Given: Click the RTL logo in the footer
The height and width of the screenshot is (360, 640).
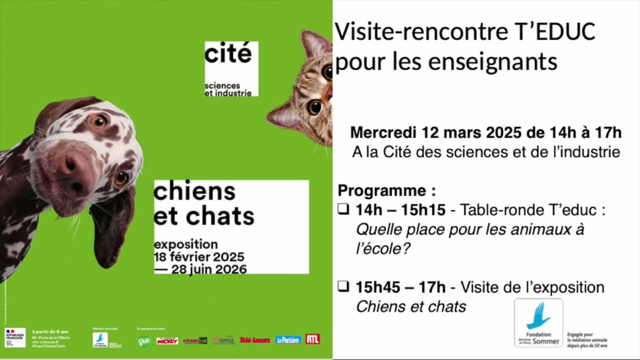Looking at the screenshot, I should pos(313,339).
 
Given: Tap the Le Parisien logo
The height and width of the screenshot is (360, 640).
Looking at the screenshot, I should pos(288,340).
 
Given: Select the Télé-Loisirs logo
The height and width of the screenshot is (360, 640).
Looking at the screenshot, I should pos(254,340).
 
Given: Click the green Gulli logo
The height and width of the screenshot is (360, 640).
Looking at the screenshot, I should pos(144,341).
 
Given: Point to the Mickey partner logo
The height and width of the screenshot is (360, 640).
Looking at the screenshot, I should pos(167,341).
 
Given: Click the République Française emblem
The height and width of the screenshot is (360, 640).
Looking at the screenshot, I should pos(15,338).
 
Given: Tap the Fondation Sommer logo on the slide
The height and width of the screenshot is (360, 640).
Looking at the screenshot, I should pos(538,323).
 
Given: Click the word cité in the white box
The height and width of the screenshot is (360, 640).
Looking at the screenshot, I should pos(228,54).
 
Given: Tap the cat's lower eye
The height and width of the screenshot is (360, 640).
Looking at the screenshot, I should pos(314,106).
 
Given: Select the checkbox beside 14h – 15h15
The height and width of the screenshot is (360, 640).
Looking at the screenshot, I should pos(343,209).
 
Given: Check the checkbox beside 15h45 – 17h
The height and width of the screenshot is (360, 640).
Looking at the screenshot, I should pos(343,286).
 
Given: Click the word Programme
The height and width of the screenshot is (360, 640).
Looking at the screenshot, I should pos(382,190).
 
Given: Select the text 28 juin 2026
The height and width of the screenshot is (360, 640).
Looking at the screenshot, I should pos(209,269).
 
